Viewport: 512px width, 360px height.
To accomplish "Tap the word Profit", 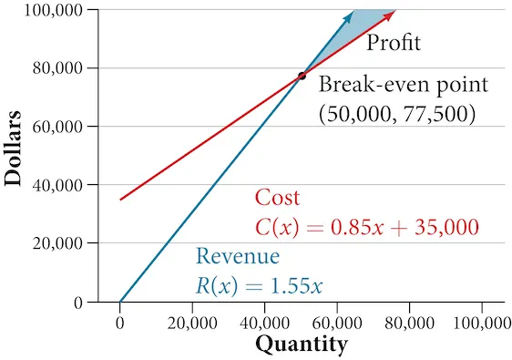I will click(394, 43).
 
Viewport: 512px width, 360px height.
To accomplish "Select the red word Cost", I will click(277, 197).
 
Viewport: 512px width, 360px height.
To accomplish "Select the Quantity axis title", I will click(301, 345).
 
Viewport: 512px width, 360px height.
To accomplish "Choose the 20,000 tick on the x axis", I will click(192, 321).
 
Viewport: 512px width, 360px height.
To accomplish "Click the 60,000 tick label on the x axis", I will click(337, 321).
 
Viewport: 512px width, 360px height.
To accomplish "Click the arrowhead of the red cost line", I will click(391, 13).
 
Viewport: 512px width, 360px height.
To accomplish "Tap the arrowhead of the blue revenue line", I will click(350, 14).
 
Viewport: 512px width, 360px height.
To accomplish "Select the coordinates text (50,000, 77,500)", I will click(397, 114).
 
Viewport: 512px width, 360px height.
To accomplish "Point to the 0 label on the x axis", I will click(119, 321).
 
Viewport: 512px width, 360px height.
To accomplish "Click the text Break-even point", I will click(404, 85).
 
